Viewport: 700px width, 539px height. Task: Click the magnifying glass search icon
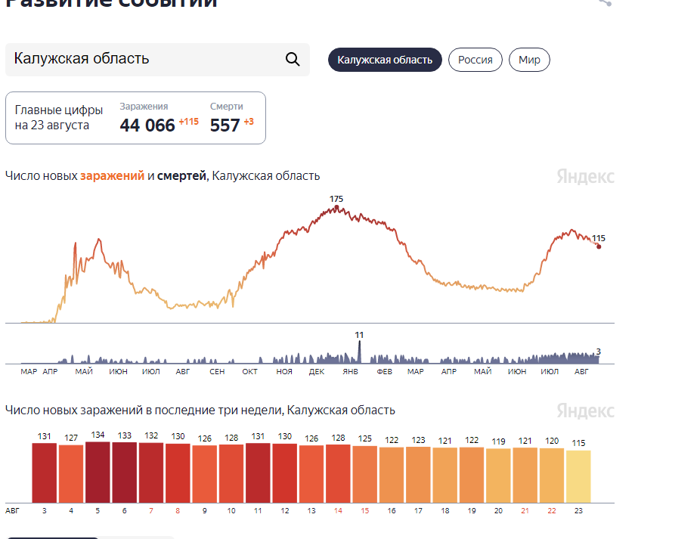point(293,60)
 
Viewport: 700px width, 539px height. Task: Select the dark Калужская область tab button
point(385,60)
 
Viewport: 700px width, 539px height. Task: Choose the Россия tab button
point(475,60)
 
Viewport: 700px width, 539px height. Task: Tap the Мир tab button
point(529,60)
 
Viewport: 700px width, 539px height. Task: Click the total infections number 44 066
point(147,125)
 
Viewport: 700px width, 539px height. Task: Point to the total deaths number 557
point(225,125)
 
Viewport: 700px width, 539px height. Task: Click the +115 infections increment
point(188,122)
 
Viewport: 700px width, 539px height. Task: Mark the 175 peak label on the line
point(336,199)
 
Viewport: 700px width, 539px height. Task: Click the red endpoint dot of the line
point(599,246)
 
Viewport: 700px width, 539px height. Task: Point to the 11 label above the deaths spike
point(359,334)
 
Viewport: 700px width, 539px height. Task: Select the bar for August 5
point(98,472)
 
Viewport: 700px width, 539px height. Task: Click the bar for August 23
point(578,476)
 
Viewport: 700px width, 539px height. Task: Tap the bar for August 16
point(392,475)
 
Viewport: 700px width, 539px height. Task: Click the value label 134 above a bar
point(98,435)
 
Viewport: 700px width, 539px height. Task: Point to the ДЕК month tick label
point(317,372)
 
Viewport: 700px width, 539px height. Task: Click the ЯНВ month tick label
point(350,372)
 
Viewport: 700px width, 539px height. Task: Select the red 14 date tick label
point(338,511)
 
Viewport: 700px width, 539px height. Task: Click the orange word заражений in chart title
point(112,176)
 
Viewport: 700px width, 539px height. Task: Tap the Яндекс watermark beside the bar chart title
point(585,410)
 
